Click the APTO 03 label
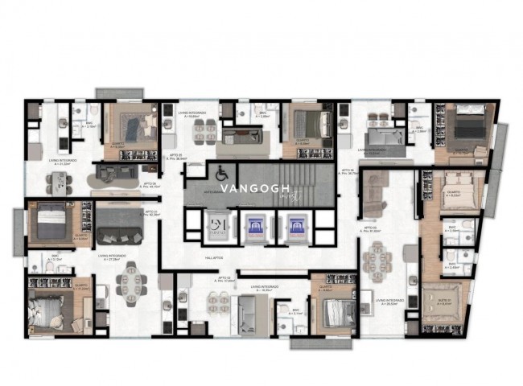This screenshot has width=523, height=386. point(370,231)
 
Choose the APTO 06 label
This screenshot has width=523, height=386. point(150,183)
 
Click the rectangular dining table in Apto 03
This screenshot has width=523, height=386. point(377,261)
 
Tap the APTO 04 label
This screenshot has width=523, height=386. point(347,170)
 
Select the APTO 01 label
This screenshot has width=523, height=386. point(149,212)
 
